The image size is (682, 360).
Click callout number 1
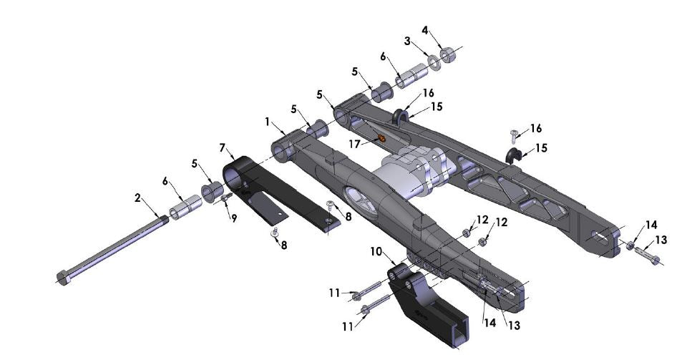[x=268, y=122]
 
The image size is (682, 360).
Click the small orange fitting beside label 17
[x=381, y=137]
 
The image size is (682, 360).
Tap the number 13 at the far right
[x=660, y=240]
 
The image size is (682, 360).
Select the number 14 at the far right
[x=651, y=224]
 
